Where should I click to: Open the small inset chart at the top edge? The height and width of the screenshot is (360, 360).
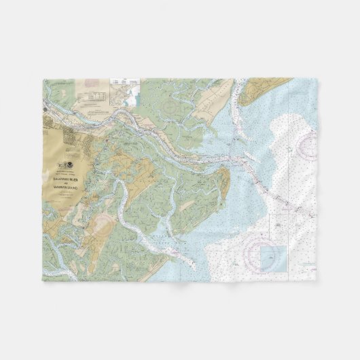point(125,88)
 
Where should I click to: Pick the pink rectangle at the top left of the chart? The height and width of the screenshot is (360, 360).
point(92,86)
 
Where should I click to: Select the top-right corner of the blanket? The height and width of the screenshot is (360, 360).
point(317,78)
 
